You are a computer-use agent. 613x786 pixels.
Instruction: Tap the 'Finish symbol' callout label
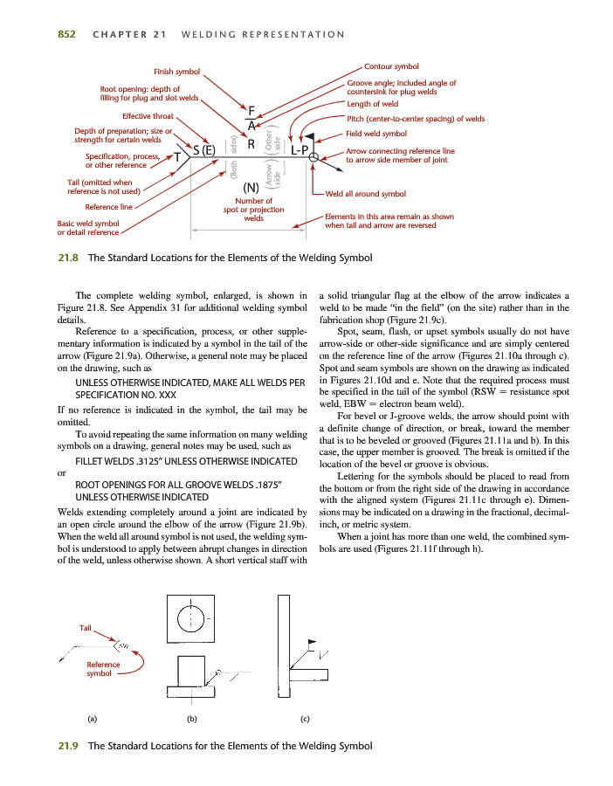point(176,71)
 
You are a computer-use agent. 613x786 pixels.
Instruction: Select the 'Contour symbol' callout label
point(391,66)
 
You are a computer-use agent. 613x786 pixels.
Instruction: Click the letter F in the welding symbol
point(251,111)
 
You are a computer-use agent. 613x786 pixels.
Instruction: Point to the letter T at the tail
point(178,157)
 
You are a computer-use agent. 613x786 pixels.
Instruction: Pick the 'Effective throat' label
point(148,116)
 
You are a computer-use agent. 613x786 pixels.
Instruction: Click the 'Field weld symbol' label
point(377,134)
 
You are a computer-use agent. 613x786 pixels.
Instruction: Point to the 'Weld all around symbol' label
point(366,194)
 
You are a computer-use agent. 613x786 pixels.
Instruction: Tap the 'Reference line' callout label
point(108,207)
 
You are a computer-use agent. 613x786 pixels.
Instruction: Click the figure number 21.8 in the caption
point(68,258)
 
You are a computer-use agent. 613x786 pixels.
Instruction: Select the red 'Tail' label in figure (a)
point(85,628)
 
